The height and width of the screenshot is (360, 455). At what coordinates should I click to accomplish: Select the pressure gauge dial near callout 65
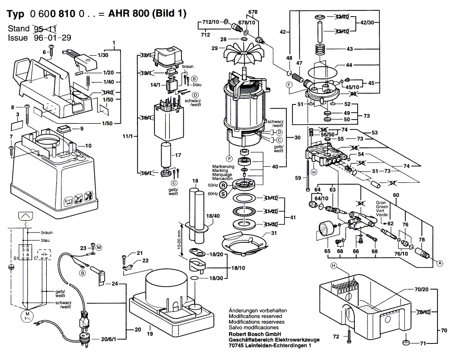point(323,229)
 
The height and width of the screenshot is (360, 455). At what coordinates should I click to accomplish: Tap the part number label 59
point(298,179)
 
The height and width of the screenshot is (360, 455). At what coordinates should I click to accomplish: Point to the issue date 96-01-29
point(52,38)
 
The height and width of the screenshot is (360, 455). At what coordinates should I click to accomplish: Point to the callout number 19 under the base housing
point(150,334)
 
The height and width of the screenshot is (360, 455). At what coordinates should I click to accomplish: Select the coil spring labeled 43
point(320,49)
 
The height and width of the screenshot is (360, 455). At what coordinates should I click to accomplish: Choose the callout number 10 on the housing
point(88,146)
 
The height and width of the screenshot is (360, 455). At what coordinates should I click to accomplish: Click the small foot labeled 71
point(405,342)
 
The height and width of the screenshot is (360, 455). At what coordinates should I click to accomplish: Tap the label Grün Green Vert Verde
point(382,208)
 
